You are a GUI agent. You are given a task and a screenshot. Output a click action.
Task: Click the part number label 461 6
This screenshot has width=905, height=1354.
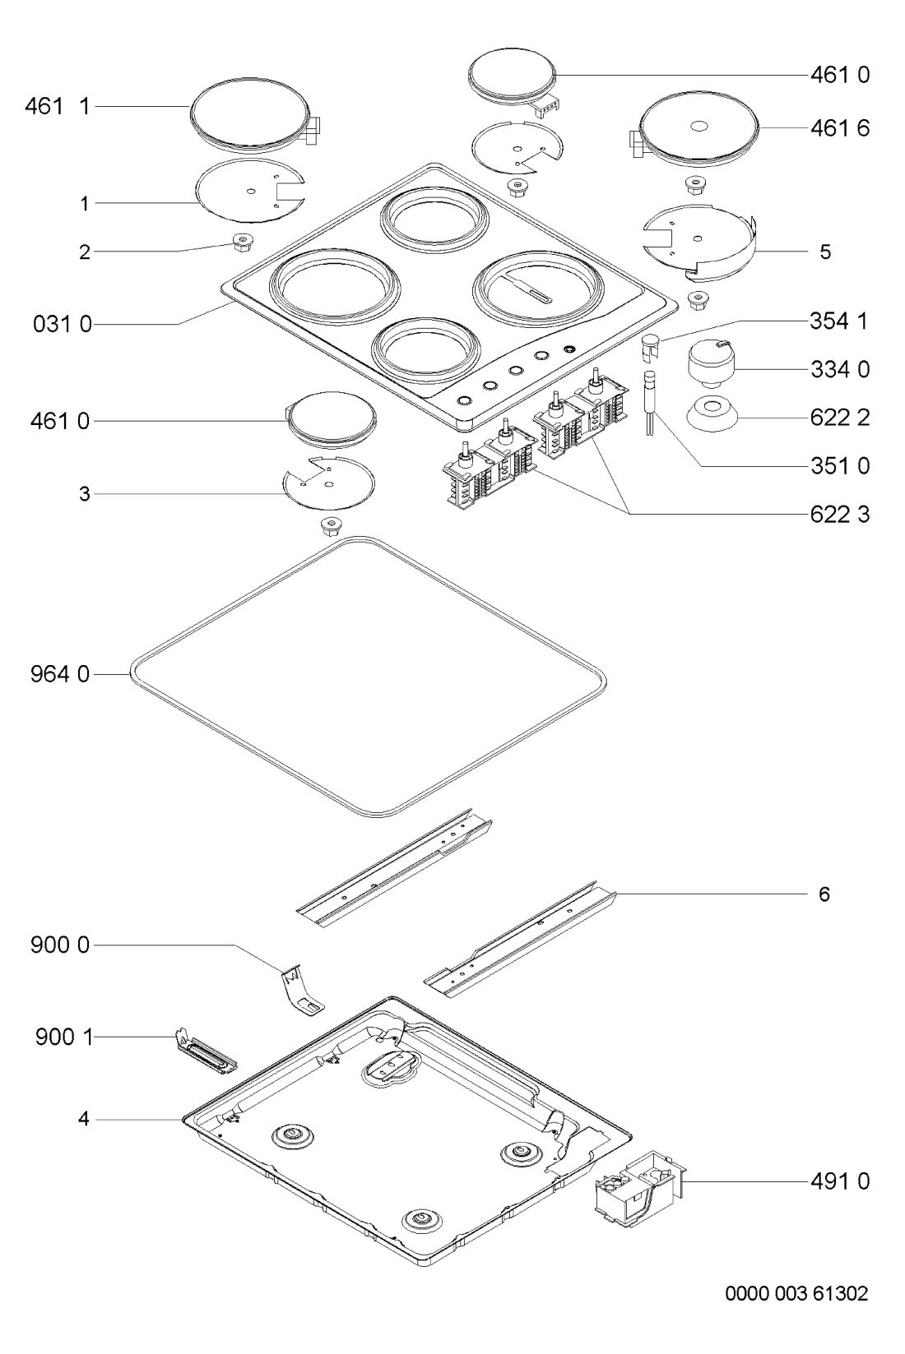pos(840,128)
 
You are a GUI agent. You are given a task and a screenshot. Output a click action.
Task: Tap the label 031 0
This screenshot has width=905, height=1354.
pos(62,325)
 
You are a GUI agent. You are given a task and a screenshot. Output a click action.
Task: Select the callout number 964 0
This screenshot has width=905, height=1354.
pos(59,674)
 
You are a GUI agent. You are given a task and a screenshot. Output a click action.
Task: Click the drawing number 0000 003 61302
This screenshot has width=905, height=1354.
pos(796,1293)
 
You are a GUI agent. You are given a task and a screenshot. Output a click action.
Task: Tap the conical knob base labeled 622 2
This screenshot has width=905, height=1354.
pos(712,414)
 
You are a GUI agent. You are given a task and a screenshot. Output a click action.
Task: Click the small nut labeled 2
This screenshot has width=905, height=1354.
pos(243,243)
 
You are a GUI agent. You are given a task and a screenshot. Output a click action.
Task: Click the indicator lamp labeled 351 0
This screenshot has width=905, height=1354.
pos(649,402)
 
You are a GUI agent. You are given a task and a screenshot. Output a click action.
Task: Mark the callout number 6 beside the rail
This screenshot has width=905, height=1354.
pos(824,894)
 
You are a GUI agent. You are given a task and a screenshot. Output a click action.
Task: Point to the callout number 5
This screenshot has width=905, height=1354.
pos(825,251)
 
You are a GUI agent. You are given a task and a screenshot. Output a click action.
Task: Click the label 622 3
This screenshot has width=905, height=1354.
pos(840,514)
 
